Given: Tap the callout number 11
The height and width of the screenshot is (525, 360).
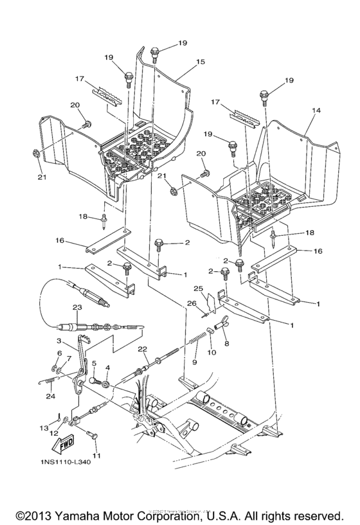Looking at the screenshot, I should (x=97, y=456).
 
